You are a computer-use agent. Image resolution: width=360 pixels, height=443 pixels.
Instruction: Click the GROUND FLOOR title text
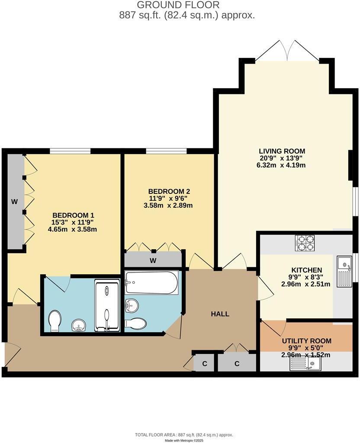point(178,5)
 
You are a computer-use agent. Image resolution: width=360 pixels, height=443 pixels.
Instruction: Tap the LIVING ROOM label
point(282,151)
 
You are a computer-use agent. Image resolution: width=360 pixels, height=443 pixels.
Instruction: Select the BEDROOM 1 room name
point(73,215)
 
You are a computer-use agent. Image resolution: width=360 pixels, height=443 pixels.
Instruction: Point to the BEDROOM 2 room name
point(169,191)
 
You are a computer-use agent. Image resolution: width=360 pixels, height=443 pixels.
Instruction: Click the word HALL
point(220,314)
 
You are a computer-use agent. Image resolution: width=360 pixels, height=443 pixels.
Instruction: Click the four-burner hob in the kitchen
point(305,243)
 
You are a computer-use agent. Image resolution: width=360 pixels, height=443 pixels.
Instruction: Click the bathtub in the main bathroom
point(151,283)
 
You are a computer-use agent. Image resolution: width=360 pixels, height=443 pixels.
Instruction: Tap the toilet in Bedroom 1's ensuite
point(55,321)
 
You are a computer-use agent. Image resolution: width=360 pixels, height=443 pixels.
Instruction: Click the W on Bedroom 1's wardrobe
point(14,202)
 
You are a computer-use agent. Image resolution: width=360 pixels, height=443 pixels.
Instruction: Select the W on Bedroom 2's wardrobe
point(153,260)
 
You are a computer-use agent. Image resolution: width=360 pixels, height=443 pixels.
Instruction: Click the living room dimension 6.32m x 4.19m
point(282,165)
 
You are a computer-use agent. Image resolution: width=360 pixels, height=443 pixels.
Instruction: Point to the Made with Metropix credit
point(184,440)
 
